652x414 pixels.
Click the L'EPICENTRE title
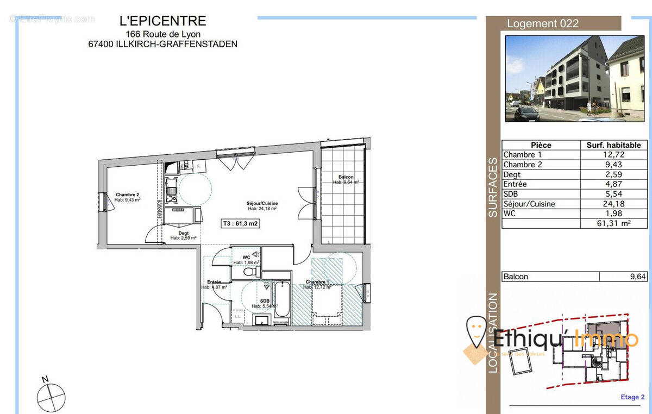[162, 21]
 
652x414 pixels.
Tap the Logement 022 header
[542, 23]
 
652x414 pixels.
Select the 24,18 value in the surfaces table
[614, 204]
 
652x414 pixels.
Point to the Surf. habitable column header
[614, 145]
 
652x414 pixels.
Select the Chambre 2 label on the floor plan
[128, 195]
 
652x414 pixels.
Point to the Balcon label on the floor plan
[346, 178]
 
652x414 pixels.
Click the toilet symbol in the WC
[250, 272]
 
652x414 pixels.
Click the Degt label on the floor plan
[183, 234]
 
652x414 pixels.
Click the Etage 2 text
[630, 397]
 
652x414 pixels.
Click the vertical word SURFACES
[493, 187]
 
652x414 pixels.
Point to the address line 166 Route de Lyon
[162, 34]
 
